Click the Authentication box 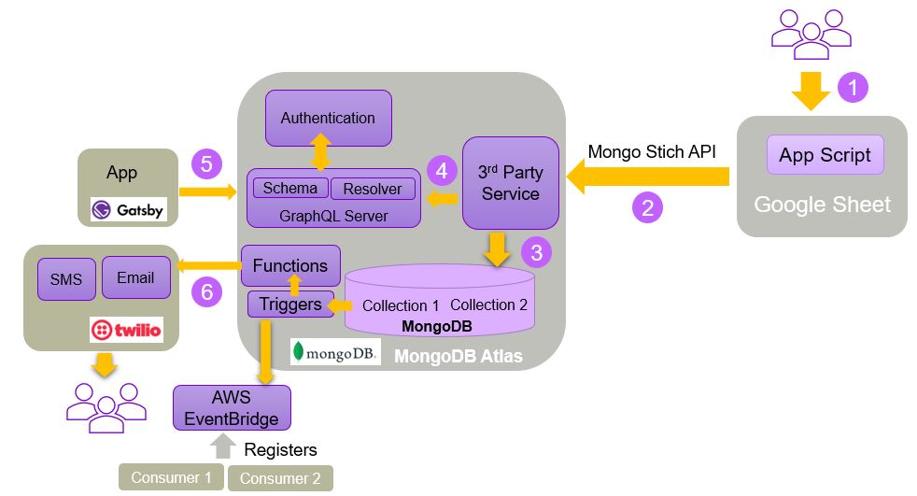pos(328,118)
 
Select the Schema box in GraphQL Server pos(289,188)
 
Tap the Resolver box pos(372,189)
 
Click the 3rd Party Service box pos(510,183)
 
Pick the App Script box pos(825,154)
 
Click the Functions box pos(290,265)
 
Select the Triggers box pos(290,304)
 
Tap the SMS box pos(66,279)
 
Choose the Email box pos(135,277)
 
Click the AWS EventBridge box pos(232,407)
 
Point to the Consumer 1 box pos(171,477)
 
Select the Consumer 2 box pos(280,478)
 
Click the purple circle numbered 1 pos(853,88)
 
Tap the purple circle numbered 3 pos(536,250)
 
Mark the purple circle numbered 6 pos(206,292)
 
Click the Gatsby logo pos(127,209)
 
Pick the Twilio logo pos(126,329)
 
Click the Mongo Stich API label pos(651,151)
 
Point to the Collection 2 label pos(488,305)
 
